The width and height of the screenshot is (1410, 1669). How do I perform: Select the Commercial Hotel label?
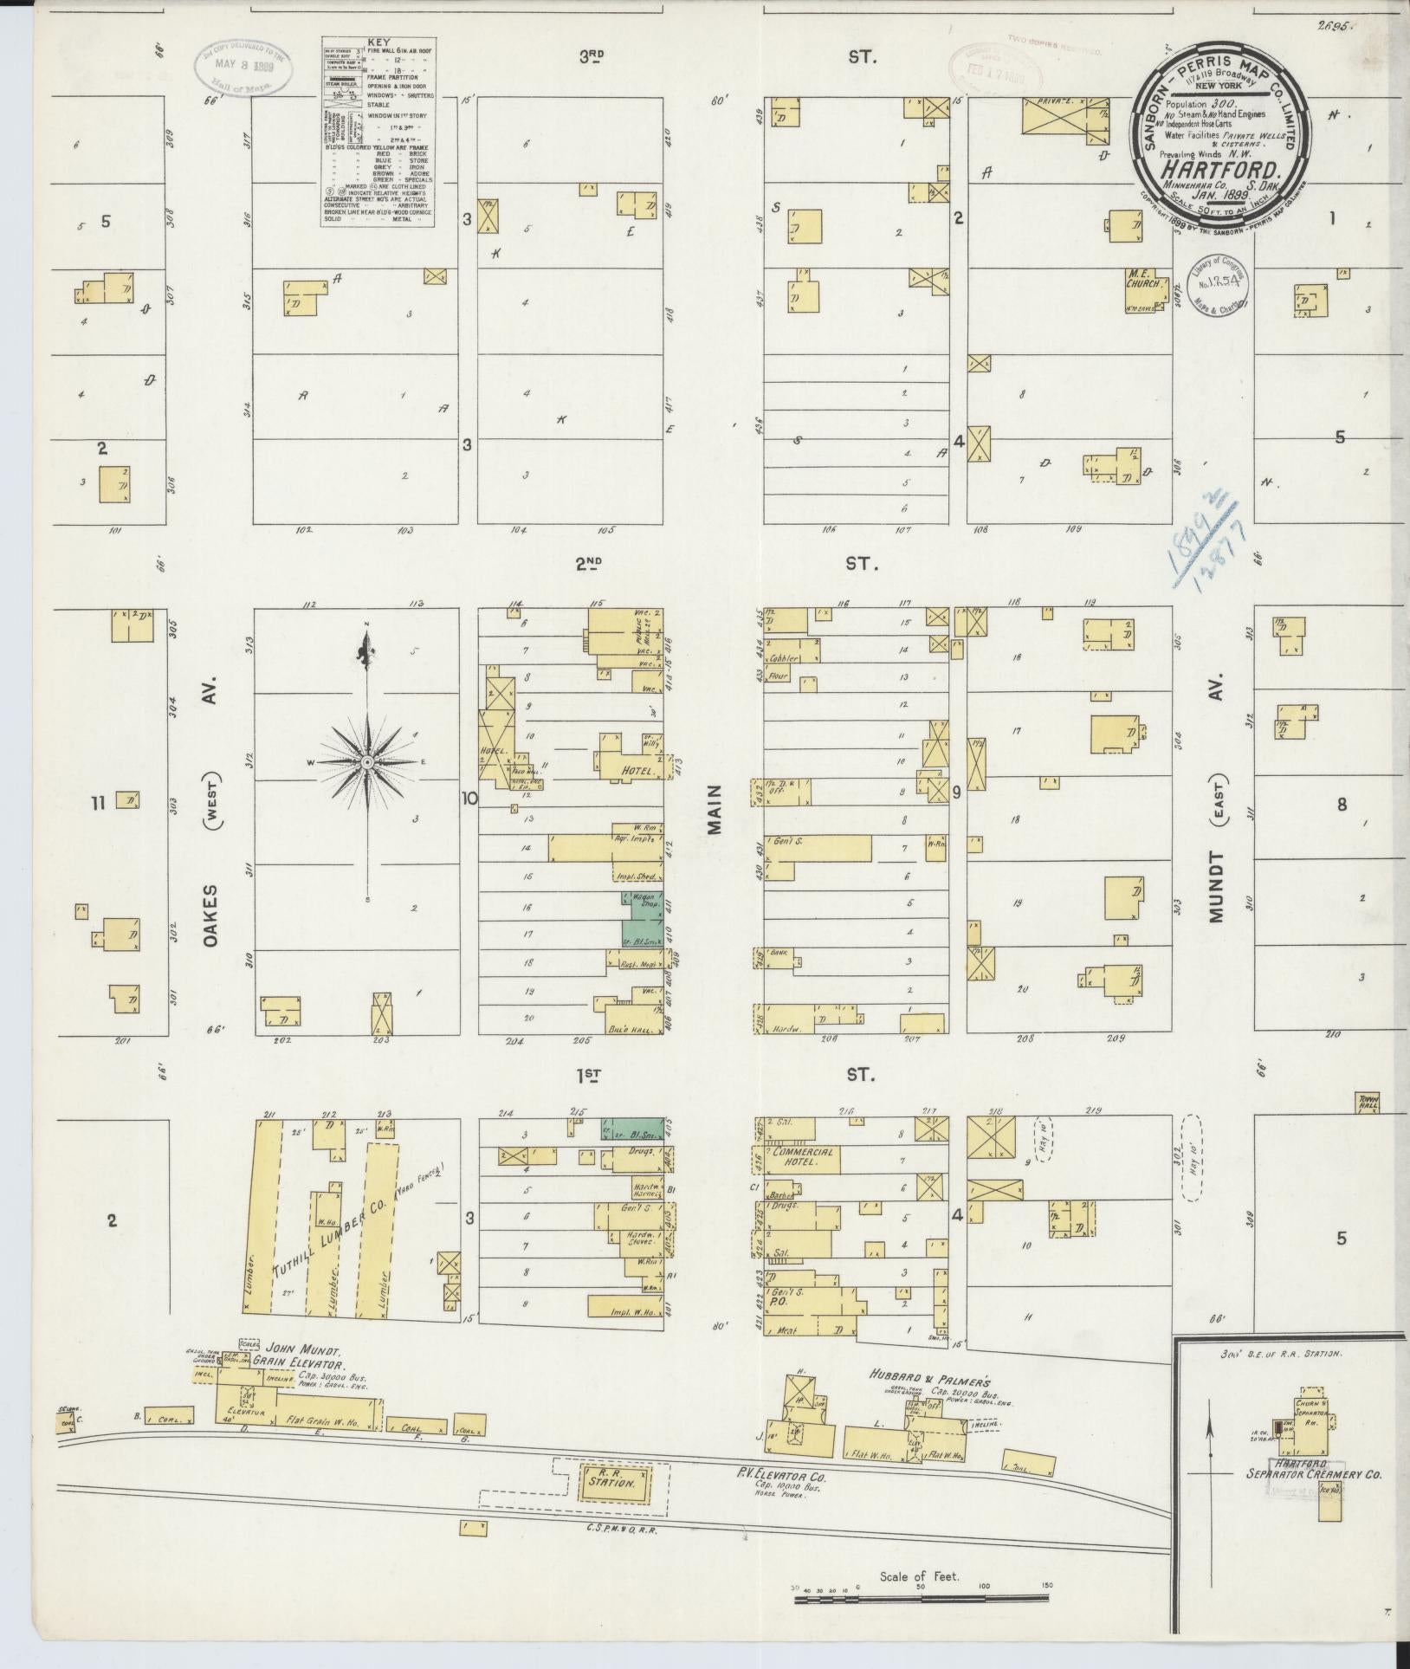pos(804,1158)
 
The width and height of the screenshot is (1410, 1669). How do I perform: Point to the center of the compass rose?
pos(367,761)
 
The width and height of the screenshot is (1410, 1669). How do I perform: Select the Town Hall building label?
pos(1368,1102)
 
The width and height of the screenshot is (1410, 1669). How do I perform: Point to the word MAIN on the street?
pos(715,816)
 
